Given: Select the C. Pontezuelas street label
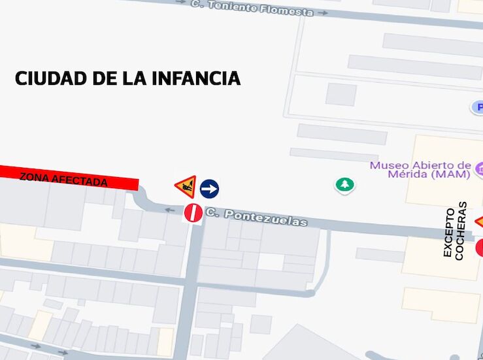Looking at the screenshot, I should click(256, 217).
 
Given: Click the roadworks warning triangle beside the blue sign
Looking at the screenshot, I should click(186, 188).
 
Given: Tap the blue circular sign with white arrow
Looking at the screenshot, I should click(209, 189).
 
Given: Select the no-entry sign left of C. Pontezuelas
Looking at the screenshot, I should click(193, 212).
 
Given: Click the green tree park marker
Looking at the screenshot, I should click(344, 185).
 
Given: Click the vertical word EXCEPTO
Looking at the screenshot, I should click(449, 233).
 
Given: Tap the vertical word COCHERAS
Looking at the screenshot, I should click(461, 231).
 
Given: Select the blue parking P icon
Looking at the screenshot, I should click(478, 107).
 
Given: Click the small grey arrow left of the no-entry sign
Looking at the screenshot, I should click(169, 210).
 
